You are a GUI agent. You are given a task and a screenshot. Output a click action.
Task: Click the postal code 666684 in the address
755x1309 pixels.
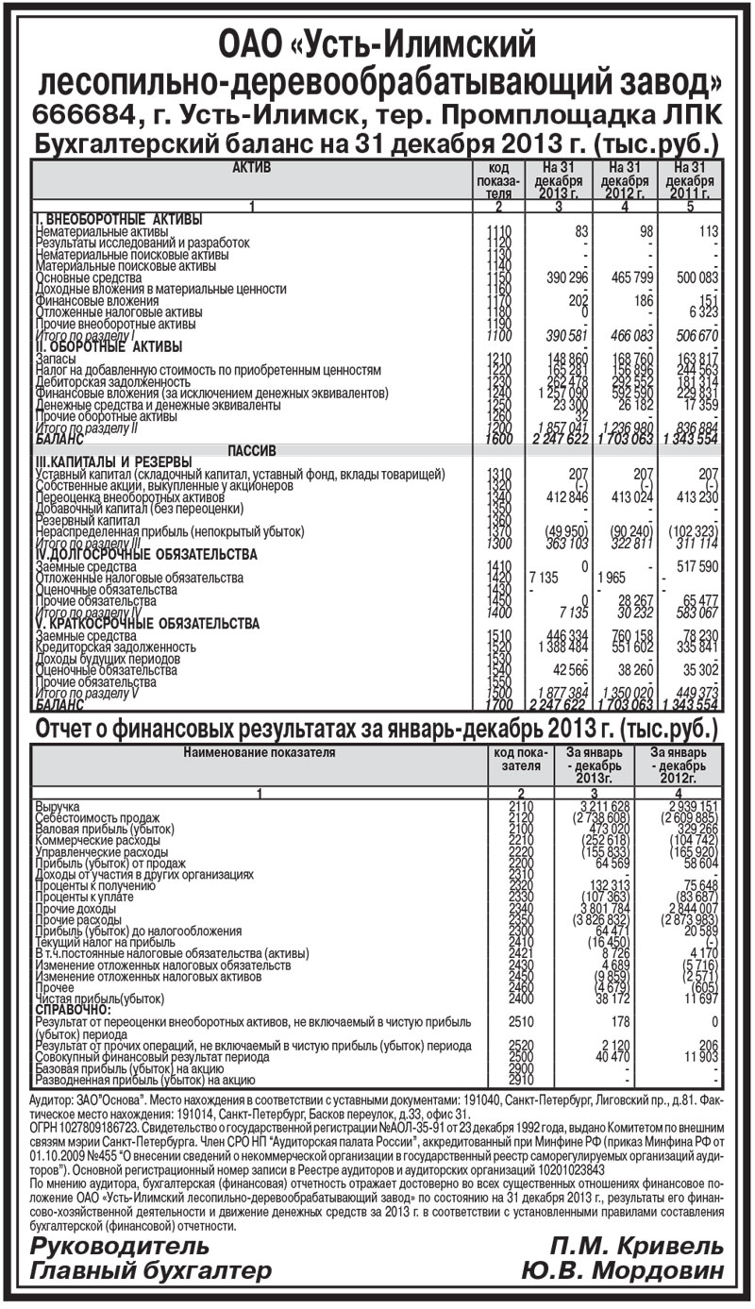79,114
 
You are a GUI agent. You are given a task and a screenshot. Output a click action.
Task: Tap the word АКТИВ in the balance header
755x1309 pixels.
251,167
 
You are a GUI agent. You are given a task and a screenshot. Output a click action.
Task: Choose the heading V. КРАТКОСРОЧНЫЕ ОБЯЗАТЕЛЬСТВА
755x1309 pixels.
146,624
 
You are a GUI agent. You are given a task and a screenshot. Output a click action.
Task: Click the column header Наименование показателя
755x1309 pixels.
259,752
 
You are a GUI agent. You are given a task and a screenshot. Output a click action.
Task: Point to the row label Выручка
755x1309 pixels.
59,807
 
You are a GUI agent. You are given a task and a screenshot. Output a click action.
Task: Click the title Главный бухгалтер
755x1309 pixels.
151,1270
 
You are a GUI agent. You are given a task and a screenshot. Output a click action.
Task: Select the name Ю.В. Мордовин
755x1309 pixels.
623,1270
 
